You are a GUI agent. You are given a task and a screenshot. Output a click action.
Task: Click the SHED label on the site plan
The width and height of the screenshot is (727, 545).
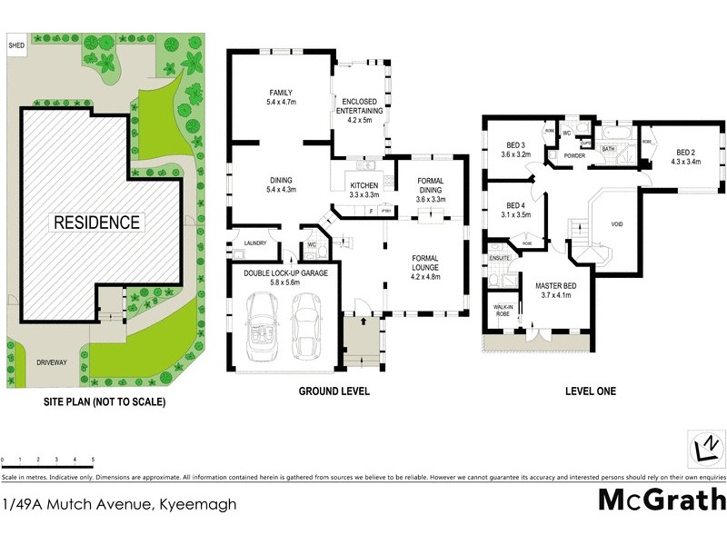pyautogui.click(x=15, y=45)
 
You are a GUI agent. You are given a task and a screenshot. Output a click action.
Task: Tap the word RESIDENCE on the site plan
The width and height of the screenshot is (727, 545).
pyautogui.click(x=96, y=222)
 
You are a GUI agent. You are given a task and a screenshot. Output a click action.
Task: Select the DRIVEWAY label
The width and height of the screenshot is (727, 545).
pyautogui.click(x=53, y=362)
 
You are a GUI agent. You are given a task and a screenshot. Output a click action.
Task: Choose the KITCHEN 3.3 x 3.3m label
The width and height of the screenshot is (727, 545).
pyautogui.click(x=363, y=190)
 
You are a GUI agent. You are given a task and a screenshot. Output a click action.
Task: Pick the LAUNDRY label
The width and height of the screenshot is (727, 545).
pyautogui.click(x=255, y=243)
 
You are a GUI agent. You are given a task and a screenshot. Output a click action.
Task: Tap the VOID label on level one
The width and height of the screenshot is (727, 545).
pyautogui.click(x=617, y=223)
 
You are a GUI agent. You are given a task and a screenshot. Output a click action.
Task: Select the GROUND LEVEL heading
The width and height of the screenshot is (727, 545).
pyautogui.click(x=334, y=391)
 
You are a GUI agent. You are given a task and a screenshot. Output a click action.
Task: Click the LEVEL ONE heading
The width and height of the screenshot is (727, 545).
pyautogui.click(x=590, y=391)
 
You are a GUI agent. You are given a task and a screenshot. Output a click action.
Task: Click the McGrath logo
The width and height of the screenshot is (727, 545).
pyautogui.click(x=661, y=499)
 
